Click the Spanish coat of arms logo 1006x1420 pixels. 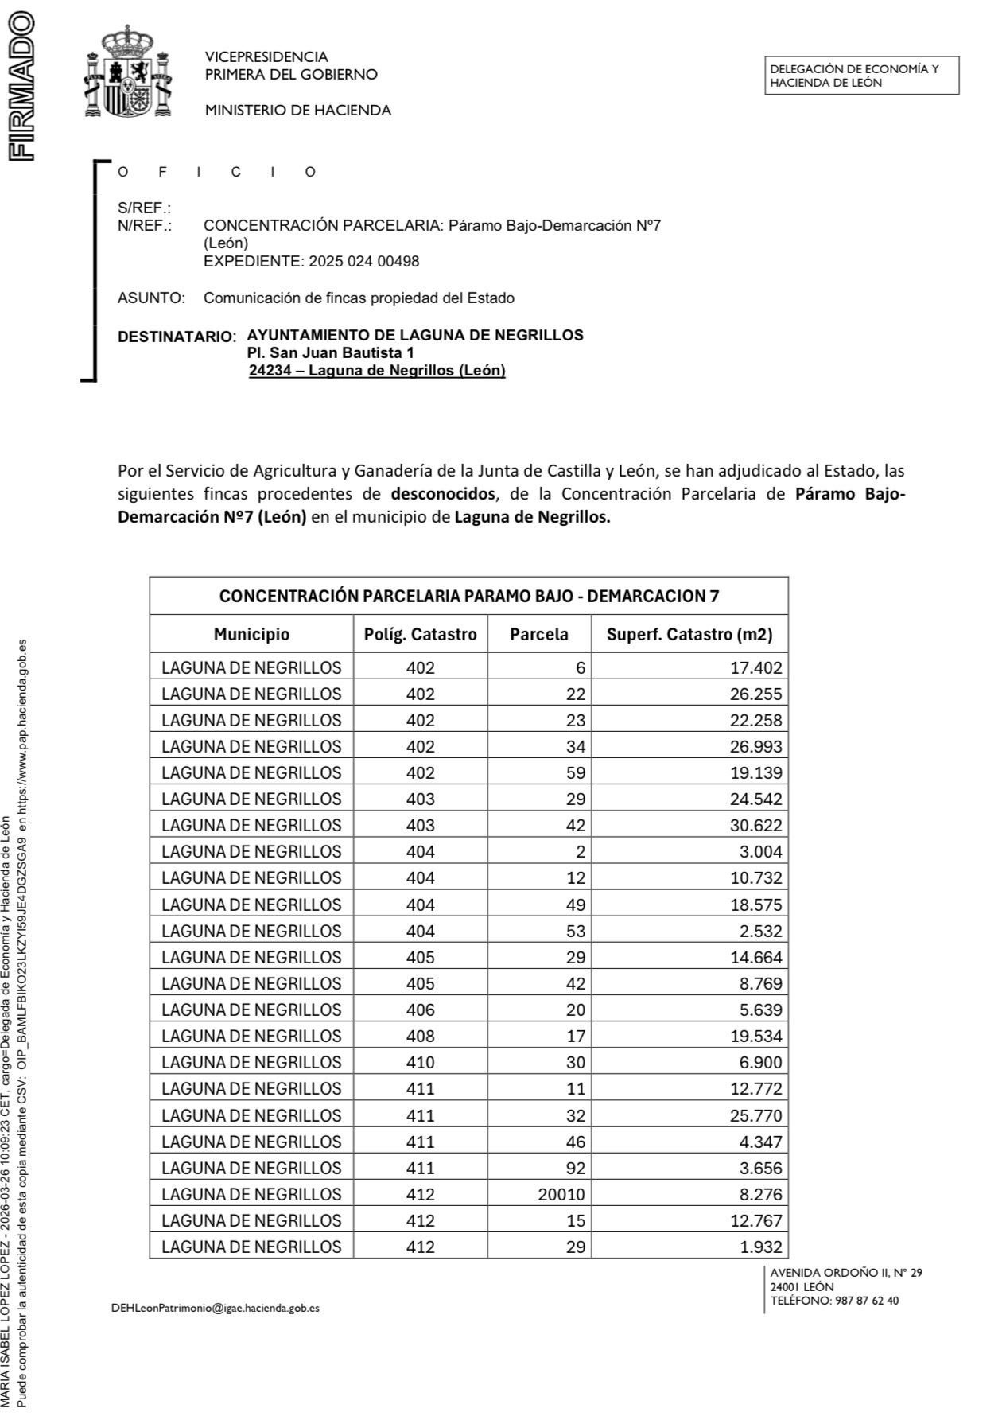pos(128,72)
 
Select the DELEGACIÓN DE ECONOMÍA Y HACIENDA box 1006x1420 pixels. pos(861,76)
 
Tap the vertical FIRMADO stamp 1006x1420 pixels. pos(21,86)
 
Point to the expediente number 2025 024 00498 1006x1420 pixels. pos(363,261)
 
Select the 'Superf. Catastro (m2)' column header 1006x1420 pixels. pos(689,634)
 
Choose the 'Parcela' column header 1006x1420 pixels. pos(538,634)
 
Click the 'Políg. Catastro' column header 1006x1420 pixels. pos(420,634)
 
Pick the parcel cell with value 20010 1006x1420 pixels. pos(561,1194)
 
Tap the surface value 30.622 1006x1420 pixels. pos(755,825)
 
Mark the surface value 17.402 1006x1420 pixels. pos(755,668)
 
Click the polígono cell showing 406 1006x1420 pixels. pos(420,1010)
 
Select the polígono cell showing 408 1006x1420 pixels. pos(420,1036)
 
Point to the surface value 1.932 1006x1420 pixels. pos(760,1247)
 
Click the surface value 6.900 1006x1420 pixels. pos(760,1062)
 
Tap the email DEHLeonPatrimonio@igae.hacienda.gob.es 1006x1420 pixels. pos(215,1307)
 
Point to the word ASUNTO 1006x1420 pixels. pos(150,298)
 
